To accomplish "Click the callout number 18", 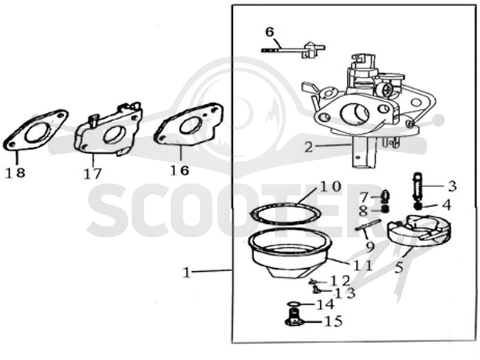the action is [x=16, y=173].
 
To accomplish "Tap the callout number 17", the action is [x=92, y=174].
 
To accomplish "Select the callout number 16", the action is [x=179, y=170].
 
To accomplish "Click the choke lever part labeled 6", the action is [x=294, y=49].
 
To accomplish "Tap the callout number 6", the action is [x=269, y=32].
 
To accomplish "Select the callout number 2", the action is [x=309, y=147].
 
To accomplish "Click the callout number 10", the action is [x=331, y=187].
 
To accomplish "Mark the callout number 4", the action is [x=447, y=205].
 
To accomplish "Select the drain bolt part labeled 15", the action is [x=294, y=319].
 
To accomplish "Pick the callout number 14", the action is [x=325, y=304].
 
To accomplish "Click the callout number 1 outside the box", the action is [x=187, y=272].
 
